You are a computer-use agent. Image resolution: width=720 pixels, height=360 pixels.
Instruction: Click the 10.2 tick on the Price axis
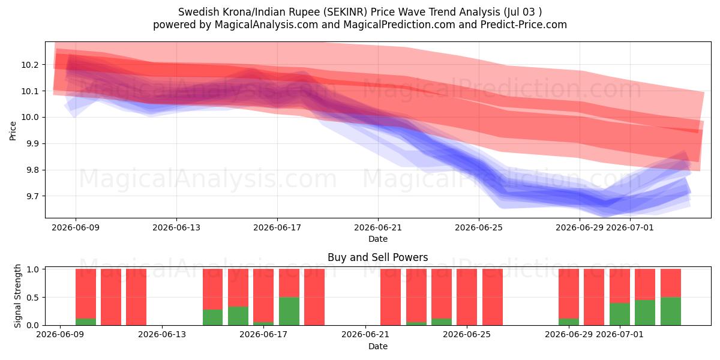point(29,65)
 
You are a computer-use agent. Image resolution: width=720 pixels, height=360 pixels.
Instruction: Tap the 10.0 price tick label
point(29,118)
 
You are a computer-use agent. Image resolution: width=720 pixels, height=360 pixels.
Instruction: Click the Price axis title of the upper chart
point(13,131)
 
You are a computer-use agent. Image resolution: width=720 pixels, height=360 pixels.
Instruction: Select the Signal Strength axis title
point(17,296)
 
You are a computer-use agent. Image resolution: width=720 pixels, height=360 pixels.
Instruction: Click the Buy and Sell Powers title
point(377,257)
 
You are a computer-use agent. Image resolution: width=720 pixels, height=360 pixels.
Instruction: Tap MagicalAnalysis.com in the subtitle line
point(266,25)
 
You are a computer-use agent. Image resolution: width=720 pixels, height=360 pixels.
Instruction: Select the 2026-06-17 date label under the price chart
point(277,227)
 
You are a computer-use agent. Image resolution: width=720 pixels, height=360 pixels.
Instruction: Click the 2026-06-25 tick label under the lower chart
point(467,335)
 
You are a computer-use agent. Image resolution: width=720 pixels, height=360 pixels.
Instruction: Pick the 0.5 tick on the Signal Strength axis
point(32,298)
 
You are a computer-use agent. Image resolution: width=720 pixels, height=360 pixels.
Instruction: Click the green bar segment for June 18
point(289,311)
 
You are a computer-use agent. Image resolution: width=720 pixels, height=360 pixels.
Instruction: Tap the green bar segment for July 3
point(671,311)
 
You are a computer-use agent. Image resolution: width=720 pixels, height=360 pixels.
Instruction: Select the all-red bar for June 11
point(111,297)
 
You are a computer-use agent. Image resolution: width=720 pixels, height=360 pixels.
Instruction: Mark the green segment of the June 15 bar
point(212,317)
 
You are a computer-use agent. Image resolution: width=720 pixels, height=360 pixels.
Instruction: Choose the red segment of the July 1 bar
point(620,286)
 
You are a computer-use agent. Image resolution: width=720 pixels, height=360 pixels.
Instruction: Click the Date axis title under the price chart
point(377,239)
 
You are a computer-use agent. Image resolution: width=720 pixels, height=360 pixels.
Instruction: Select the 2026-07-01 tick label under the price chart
point(629,227)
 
